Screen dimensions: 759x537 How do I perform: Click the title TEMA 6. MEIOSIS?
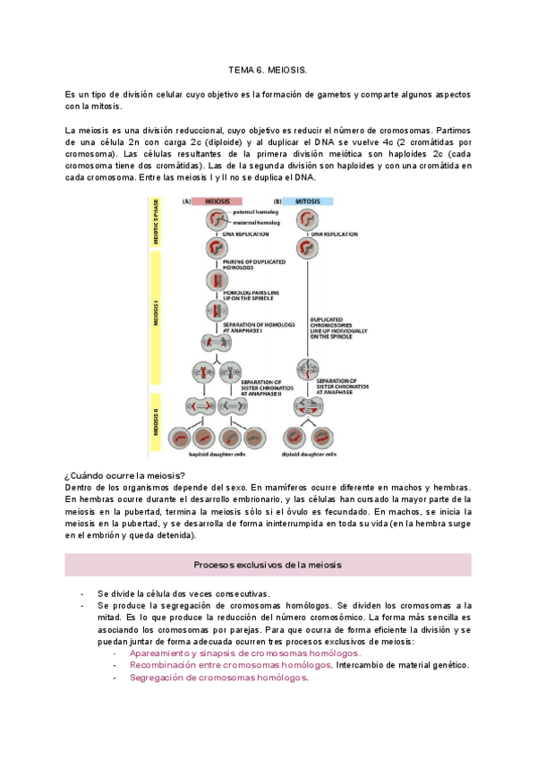click(268, 69)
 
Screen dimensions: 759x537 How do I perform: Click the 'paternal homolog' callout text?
click(256, 212)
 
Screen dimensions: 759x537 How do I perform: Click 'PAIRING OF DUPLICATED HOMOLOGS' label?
click(251, 264)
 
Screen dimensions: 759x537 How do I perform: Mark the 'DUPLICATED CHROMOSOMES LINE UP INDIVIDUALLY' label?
click(337, 326)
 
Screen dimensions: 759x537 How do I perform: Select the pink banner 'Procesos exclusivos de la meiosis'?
click(268, 565)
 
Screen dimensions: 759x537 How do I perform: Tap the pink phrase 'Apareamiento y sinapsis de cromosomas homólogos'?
click(244, 653)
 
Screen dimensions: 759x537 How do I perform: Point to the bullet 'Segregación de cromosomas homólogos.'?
click(218, 678)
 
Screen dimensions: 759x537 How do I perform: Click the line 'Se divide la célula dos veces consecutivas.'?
click(183, 593)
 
